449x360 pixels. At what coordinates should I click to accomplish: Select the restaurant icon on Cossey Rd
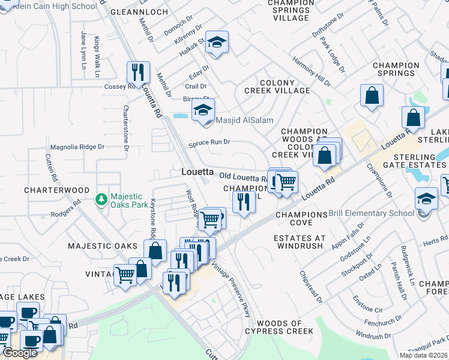(138, 73)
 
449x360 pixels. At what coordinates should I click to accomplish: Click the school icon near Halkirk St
(217, 42)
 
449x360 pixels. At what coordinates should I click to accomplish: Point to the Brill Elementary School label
(372, 213)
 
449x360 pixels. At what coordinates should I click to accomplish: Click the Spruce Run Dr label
(209, 143)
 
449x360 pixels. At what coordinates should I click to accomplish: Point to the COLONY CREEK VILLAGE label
(277, 86)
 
